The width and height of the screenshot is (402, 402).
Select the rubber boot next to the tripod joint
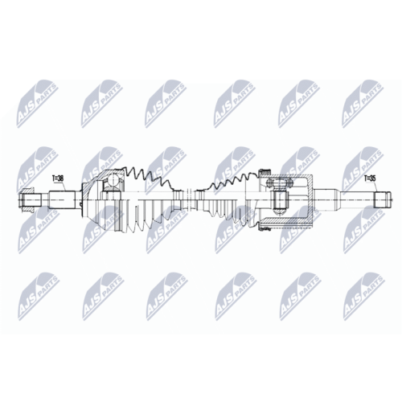233,197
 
